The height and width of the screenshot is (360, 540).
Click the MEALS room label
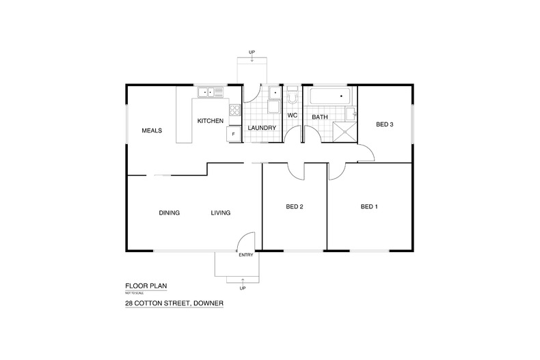[151, 130]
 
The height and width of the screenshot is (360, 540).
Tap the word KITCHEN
[211, 121]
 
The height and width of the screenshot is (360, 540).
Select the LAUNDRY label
[262, 128]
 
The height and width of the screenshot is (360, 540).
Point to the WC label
[292, 115]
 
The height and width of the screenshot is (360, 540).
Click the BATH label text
[320, 117]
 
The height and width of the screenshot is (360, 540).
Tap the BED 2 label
[294, 206]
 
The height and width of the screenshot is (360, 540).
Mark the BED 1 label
[369, 206]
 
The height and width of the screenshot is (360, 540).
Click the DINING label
[169, 212]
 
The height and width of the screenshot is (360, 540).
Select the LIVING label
[220, 212]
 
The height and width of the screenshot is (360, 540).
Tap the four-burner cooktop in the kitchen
[234, 109]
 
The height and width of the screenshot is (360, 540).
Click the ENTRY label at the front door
[245, 255]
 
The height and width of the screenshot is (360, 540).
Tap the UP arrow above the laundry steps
[253, 57]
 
